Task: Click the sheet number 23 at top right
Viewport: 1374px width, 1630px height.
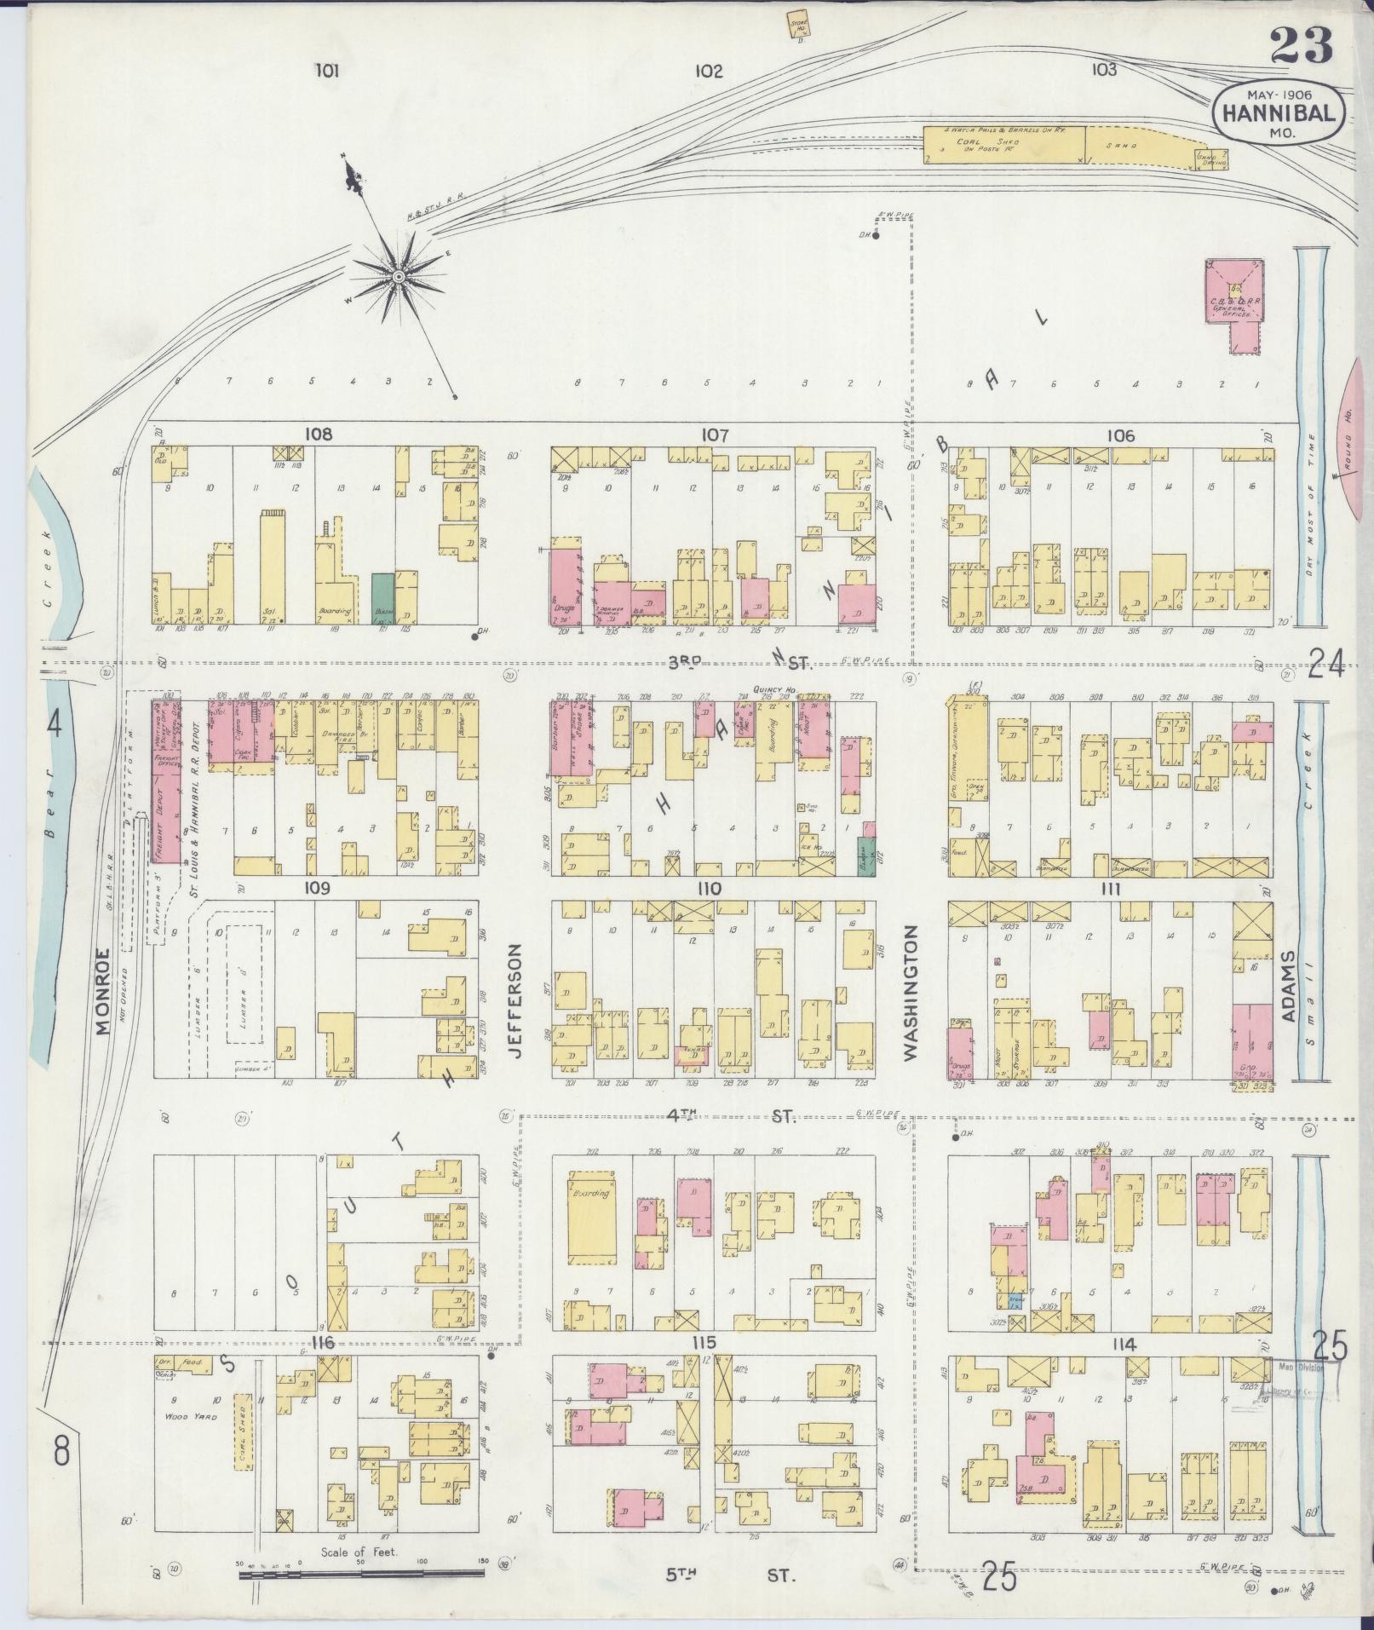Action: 1301,46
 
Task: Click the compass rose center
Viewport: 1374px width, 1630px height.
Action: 398,276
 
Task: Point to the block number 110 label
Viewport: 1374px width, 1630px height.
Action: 708,890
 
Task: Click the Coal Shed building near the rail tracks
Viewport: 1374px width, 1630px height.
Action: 1005,145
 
